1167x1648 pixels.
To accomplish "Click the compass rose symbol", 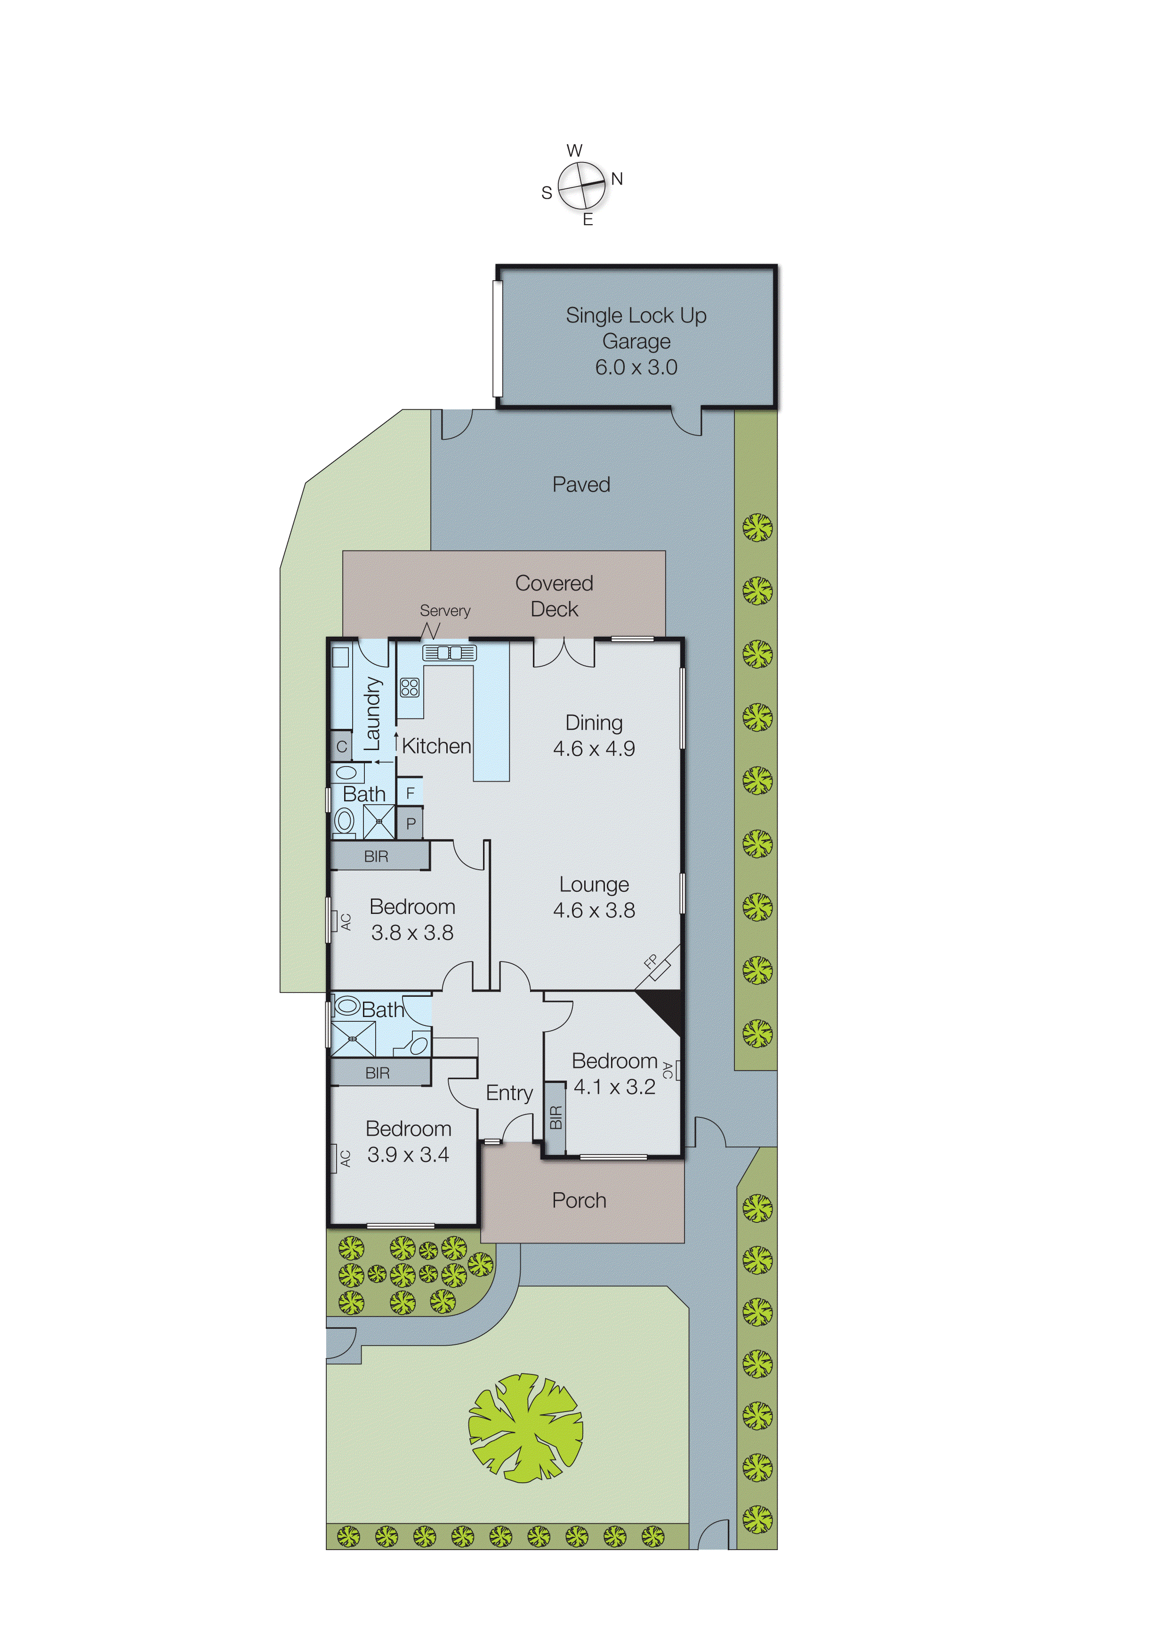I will click(581, 186).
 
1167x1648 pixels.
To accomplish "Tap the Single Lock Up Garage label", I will click(636, 328).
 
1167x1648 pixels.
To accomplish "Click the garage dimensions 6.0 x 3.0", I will click(636, 367).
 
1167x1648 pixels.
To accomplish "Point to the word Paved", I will click(580, 485).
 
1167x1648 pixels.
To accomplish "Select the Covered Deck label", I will click(554, 596).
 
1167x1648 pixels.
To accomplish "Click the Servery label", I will click(445, 610).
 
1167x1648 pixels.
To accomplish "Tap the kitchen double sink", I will click(449, 653).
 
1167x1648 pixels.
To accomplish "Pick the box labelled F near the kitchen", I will click(410, 793).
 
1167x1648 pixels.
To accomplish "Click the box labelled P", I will click(410, 824).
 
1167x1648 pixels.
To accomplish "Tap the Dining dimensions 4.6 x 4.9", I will click(594, 749).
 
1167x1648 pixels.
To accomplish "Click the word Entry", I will click(509, 1093).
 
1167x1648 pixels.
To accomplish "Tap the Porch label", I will click(579, 1200).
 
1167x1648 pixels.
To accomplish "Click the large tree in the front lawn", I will click(525, 1428).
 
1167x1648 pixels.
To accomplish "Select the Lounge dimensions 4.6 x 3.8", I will click(594, 911).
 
